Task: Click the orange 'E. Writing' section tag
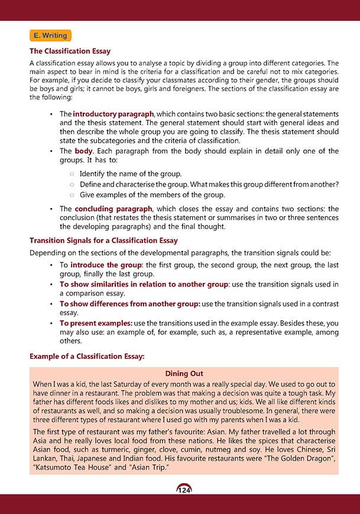point(51,35)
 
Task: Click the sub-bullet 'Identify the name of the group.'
point(131,174)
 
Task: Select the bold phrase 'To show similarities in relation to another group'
point(144,284)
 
